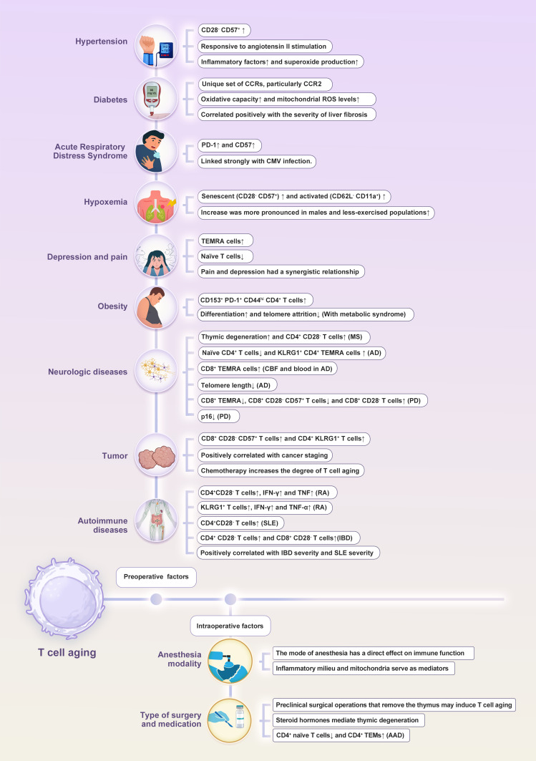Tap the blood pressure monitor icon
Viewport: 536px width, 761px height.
click(x=157, y=46)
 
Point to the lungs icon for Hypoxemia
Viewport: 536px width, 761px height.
click(x=157, y=204)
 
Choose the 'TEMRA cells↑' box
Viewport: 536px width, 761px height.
click(x=226, y=241)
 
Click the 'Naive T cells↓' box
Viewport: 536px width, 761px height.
click(x=228, y=256)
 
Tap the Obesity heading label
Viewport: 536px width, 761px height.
click(x=112, y=306)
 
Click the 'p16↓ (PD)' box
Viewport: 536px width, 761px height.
click(x=220, y=415)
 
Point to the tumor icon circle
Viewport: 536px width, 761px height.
click(x=157, y=455)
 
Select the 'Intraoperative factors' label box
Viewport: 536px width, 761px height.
click(x=230, y=626)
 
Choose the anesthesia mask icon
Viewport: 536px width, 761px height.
click(x=230, y=661)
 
